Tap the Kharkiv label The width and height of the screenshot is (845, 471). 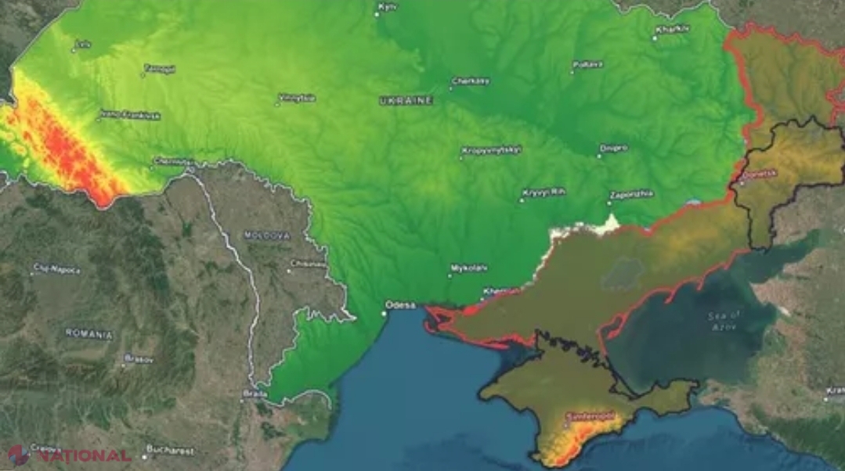pos(673,30)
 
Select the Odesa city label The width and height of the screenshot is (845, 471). pos(401,304)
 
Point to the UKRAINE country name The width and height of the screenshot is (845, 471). pos(406,100)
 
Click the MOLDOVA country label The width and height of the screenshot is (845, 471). pos(266,235)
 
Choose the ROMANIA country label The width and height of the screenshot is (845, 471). pos(88,333)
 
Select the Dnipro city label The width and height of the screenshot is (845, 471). pos(613,147)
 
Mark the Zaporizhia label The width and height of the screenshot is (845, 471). pos(632,194)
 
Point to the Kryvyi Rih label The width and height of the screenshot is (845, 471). pos(545,192)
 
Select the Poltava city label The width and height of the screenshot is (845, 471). pos(590,63)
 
